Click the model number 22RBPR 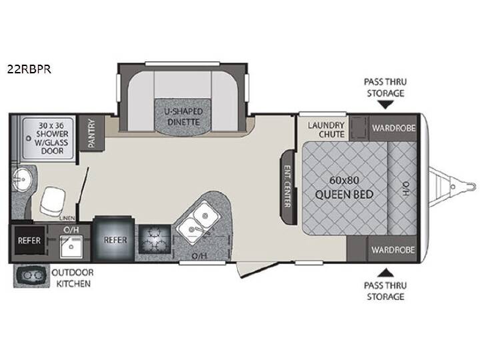[x=29, y=69]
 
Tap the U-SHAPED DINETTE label [x=183, y=117]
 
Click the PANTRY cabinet [x=91, y=133]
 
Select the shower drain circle [x=29, y=138]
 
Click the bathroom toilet [x=53, y=201]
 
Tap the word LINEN [x=67, y=218]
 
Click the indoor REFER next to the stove [x=115, y=240]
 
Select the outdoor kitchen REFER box [x=29, y=240]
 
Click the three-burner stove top [x=155, y=239]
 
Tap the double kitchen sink [x=199, y=222]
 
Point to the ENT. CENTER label [x=287, y=186]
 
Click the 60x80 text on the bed [x=344, y=180]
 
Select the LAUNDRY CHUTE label [x=326, y=129]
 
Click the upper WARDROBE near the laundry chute [x=394, y=128]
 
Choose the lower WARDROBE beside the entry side [x=393, y=249]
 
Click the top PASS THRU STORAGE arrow [x=385, y=105]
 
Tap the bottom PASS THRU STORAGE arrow [x=385, y=273]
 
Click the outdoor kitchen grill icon [x=31, y=276]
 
